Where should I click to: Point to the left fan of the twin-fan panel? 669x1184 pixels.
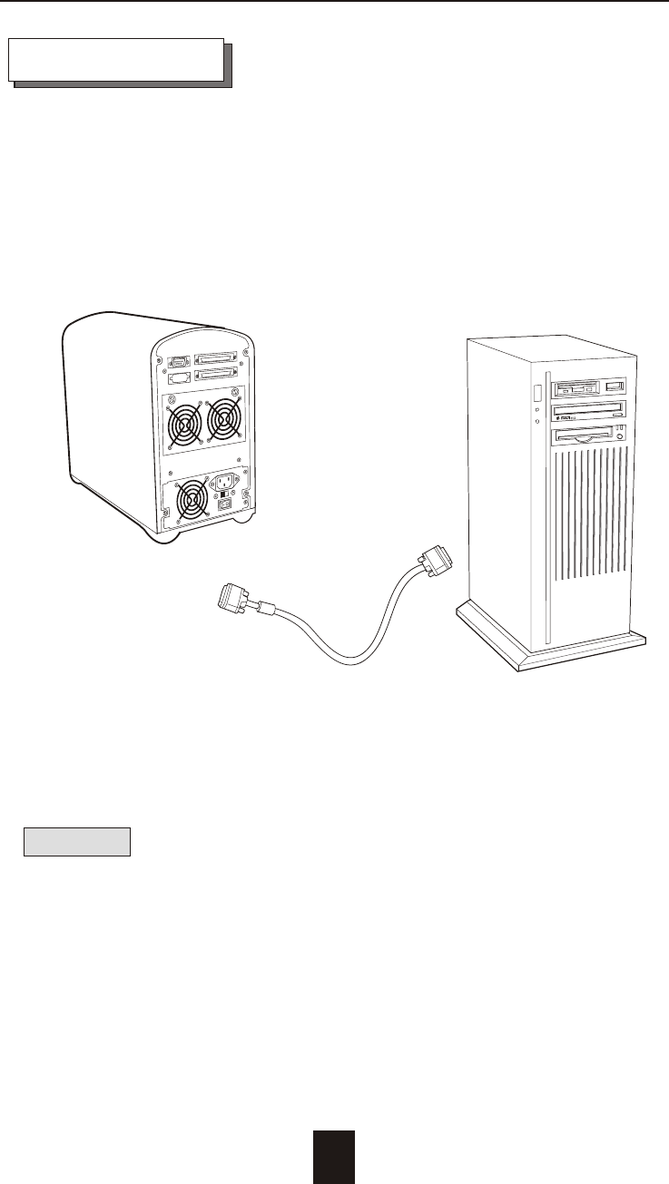point(185,423)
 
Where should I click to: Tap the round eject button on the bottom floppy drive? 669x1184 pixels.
point(619,436)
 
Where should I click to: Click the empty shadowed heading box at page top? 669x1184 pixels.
point(116,60)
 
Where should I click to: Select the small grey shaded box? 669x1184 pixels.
point(78,841)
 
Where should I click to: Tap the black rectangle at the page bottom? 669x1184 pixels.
point(334,1157)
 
